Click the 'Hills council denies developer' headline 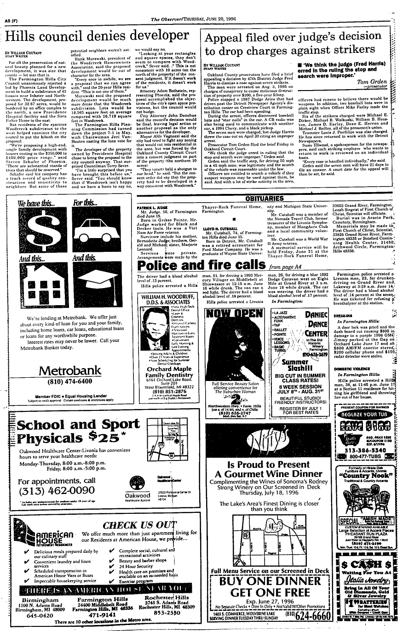tap(99, 36)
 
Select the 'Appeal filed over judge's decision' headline tap(296, 45)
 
